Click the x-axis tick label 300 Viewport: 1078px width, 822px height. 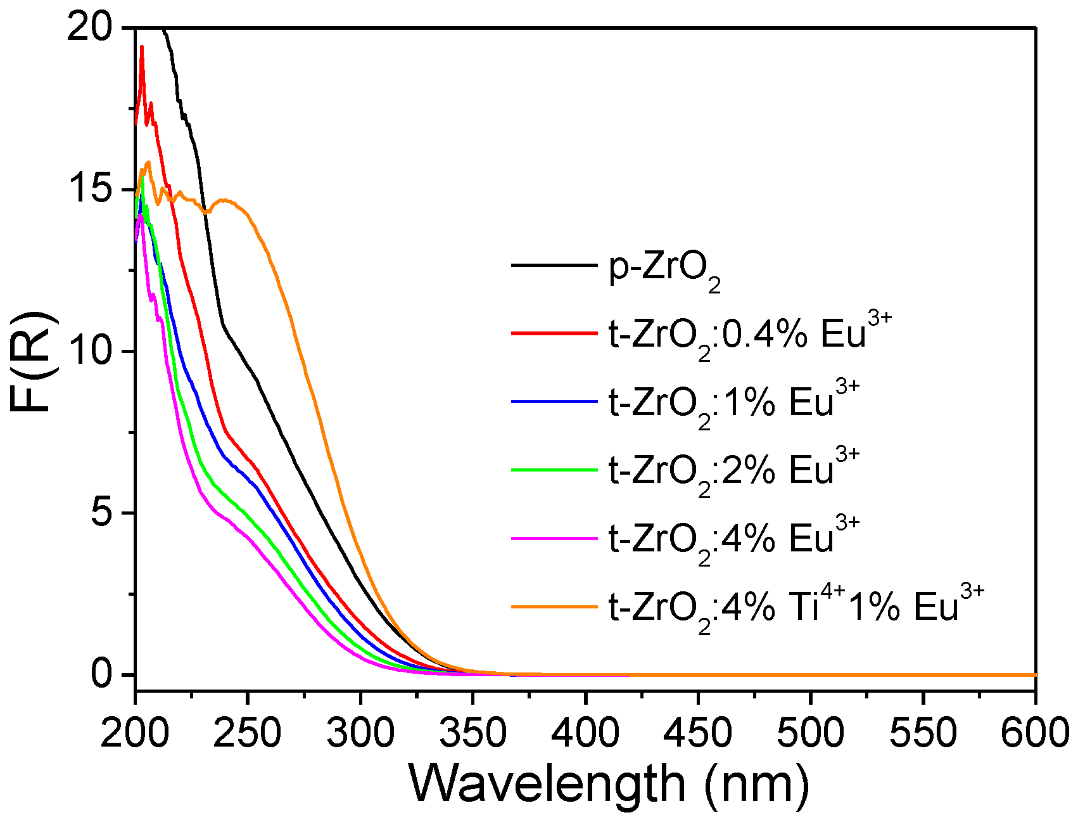[360, 733]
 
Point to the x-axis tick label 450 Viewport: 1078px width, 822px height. [698, 733]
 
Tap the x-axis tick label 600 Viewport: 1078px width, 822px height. [1035, 733]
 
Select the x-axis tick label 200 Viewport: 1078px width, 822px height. [136, 733]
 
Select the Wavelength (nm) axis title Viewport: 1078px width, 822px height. [608, 784]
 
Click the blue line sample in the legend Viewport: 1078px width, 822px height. [555, 401]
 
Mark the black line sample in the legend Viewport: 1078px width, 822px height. [555, 264]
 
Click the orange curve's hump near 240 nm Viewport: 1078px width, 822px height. [223, 201]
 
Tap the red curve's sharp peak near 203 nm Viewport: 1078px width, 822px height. [142, 47]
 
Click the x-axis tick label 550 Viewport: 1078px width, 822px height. [923, 733]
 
